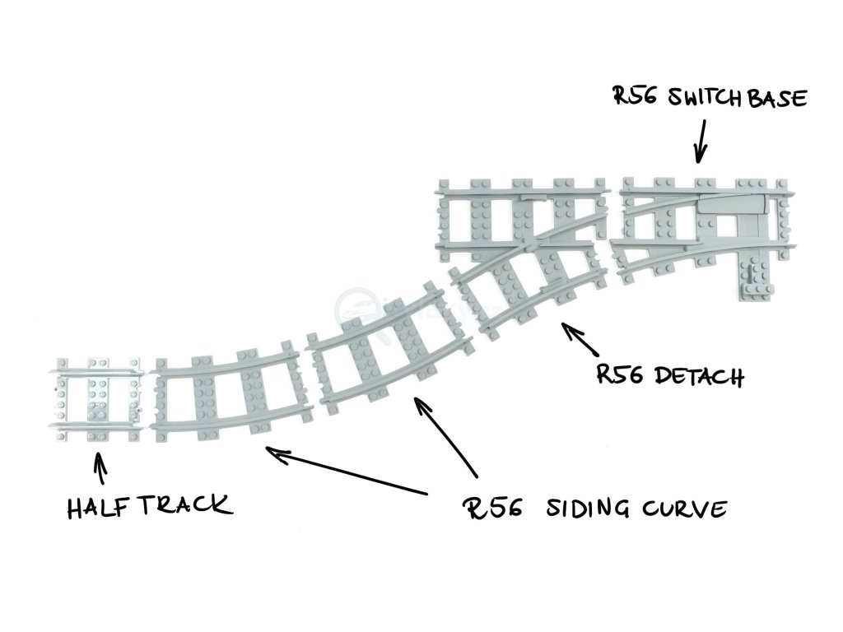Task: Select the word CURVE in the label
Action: (x=685, y=509)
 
